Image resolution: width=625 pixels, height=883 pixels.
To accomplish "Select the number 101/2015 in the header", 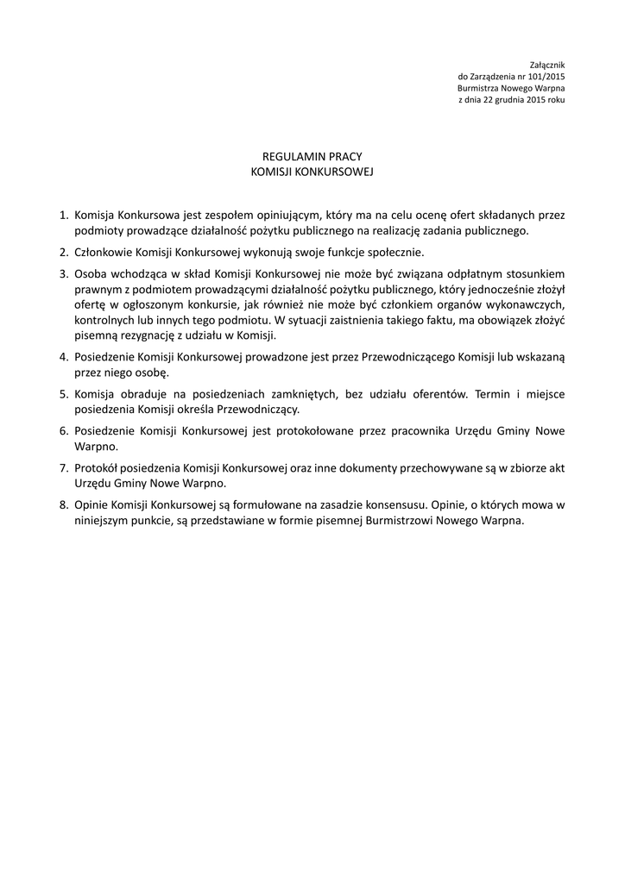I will click(546, 77).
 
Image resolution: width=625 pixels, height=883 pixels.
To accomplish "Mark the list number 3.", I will click(63, 273).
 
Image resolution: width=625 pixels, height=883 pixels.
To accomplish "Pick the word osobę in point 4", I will click(151, 373).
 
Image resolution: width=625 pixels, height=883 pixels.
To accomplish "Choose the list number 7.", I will click(63, 467).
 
